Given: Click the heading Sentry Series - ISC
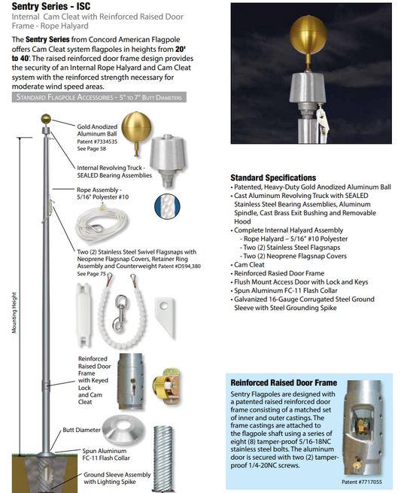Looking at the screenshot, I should [56, 8].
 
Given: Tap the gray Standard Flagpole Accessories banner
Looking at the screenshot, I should [98, 97].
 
